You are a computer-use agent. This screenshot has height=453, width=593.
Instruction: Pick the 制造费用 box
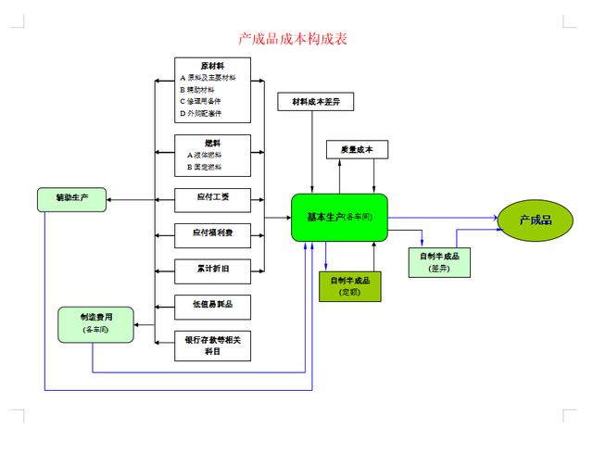[x=95, y=322]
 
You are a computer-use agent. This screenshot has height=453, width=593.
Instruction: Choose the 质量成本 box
[x=357, y=149]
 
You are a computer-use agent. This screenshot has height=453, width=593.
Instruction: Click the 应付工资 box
[x=212, y=197]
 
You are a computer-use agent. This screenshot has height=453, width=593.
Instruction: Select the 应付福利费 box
[x=212, y=233]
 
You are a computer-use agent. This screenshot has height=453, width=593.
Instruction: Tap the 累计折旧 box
[x=212, y=269]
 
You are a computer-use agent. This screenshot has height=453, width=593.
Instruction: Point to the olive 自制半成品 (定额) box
[x=349, y=286]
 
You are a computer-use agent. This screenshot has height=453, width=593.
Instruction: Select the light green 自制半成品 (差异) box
[x=438, y=261]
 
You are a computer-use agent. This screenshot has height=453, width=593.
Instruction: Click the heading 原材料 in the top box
[x=211, y=66]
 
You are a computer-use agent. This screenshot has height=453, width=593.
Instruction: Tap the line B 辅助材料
[x=205, y=90]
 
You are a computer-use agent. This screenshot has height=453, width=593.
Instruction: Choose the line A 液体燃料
[x=206, y=155]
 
